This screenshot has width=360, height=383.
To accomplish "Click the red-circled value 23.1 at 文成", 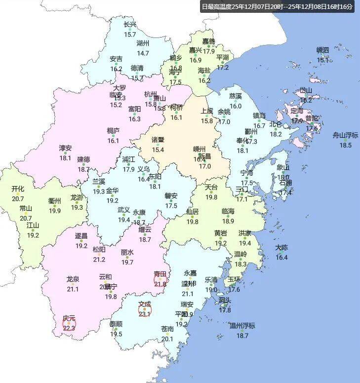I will (144, 313).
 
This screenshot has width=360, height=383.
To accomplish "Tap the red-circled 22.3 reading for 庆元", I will (69, 327).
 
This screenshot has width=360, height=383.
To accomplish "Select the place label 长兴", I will (130, 25).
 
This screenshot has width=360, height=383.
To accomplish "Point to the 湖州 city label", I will (143, 43).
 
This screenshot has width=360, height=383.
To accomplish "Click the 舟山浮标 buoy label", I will (345, 135).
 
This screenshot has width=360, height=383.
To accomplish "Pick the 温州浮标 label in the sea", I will (242, 326).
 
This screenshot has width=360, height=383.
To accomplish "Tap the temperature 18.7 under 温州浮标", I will (242, 336).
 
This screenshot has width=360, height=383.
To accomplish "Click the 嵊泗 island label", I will (323, 50).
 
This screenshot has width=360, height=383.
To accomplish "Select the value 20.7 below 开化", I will (18, 198).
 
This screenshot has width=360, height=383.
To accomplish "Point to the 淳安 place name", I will (65, 148).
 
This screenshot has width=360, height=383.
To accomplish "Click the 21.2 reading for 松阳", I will (99, 259).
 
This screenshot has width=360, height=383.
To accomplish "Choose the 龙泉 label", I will (73, 279).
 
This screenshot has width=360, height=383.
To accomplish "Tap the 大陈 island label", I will (281, 248).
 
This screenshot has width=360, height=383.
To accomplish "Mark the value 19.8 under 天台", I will (211, 197).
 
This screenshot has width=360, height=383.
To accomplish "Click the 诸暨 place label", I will (158, 140).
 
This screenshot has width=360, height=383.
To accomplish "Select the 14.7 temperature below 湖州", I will (143, 53).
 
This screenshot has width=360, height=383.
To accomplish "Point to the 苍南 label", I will (167, 329).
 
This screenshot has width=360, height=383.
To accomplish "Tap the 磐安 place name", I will (171, 196).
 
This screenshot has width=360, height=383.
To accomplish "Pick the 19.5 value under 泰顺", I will (116, 334).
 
